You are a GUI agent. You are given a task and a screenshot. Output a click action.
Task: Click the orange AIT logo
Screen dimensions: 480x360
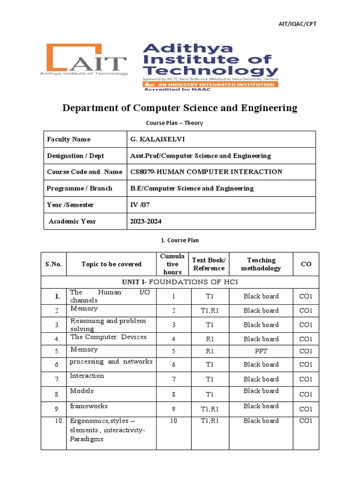[x=87, y=60]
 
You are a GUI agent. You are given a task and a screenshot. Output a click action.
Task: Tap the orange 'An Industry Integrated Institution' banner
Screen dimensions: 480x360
[x=210, y=84]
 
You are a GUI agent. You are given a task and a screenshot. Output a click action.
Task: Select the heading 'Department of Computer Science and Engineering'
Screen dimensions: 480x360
[x=180, y=108]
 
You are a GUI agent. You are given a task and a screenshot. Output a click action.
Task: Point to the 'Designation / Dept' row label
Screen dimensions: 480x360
[x=75, y=156]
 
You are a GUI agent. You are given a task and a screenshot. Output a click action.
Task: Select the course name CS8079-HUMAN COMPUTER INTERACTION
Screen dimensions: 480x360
[x=206, y=172]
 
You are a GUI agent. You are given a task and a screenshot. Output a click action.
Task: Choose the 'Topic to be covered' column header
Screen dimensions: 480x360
[x=111, y=264]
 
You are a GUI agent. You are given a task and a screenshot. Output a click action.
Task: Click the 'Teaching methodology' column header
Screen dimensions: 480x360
[x=261, y=264]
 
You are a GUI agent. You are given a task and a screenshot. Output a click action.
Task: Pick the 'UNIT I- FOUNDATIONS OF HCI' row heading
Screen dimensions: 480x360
[x=180, y=282]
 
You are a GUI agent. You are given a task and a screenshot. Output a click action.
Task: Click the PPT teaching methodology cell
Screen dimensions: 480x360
[x=261, y=352]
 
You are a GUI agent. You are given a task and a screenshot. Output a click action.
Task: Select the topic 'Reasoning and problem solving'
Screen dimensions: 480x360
[x=108, y=325]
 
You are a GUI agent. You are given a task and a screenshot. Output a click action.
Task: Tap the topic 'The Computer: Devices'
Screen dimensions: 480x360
[x=108, y=337]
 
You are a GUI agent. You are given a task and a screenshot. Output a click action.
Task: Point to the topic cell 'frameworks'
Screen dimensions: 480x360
[x=89, y=406]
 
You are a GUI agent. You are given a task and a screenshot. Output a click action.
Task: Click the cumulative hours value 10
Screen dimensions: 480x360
[x=174, y=421]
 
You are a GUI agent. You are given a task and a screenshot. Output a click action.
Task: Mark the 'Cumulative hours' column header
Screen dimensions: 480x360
[x=172, y=264]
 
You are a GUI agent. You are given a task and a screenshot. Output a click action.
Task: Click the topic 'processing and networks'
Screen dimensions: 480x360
[x=111, y=362]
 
